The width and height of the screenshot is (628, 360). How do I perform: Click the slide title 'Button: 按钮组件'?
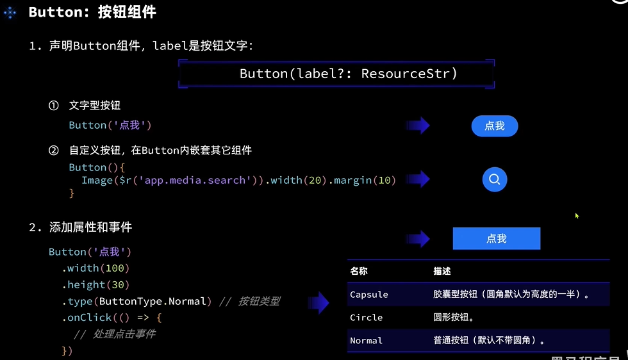(x=92, y=12)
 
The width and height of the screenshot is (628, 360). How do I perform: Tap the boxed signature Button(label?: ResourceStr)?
(x=349, y=74)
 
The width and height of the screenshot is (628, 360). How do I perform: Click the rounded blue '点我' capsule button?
(x=494, y=126)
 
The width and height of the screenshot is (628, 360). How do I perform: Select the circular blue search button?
(x=494, y=180)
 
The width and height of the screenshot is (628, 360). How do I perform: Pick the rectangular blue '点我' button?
(x=496, y=238)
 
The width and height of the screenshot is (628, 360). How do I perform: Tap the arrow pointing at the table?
(x=318, y=302)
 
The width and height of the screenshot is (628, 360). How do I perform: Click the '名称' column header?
(x=359, y=272)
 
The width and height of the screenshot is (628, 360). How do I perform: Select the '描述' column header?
(x=442, y=272)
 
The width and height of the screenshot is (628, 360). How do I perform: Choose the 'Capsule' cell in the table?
(x=369, y=295)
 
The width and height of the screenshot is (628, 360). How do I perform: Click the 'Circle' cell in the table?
(x=366, y=318)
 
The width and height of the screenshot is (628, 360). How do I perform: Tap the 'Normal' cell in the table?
(x=366, y=341)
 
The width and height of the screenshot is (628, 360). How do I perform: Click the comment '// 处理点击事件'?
(x=115, y=334)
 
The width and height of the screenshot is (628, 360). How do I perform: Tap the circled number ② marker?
(x=54, y=151)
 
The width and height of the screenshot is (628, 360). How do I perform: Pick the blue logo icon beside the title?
(x=10, y=12)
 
